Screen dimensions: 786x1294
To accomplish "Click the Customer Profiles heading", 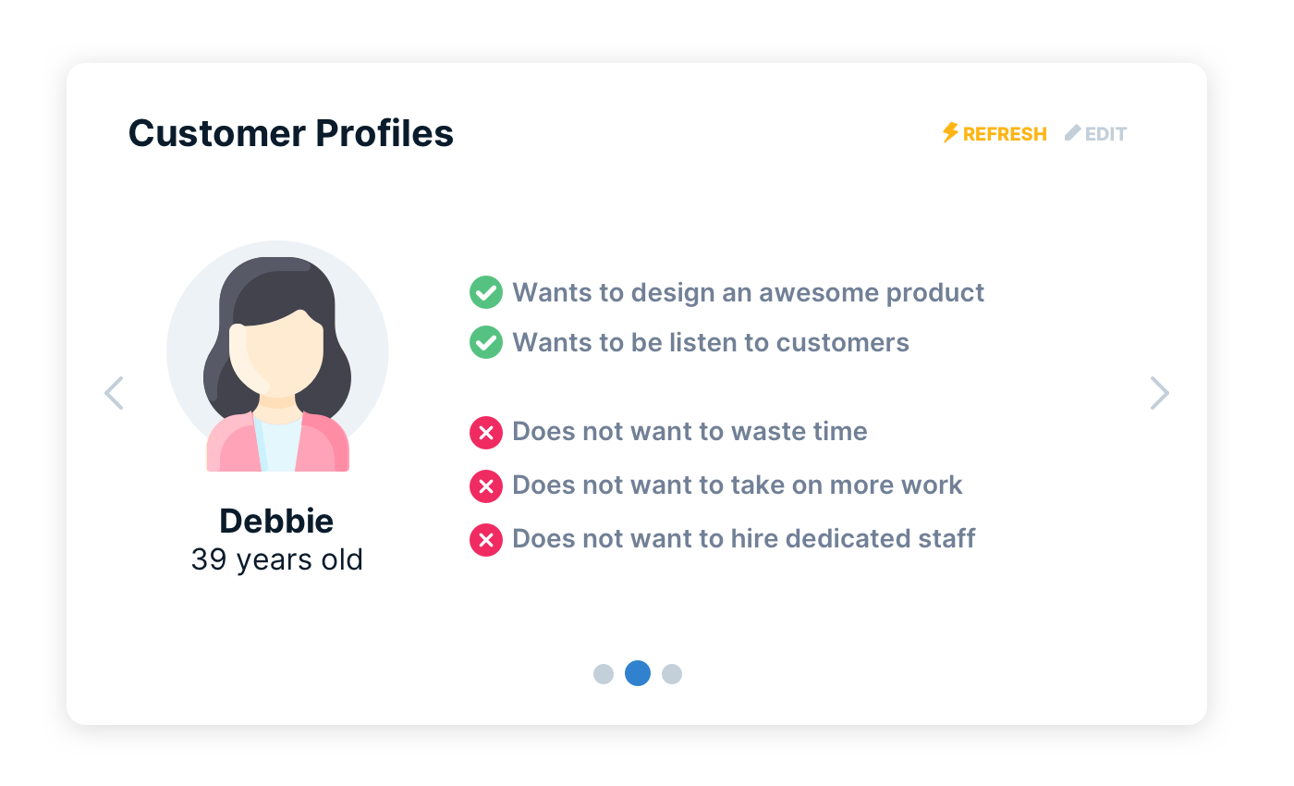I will pos(290,133).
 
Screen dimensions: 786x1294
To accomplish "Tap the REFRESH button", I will pos(1004,134).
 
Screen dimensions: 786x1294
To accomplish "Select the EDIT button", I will pos(1105,134).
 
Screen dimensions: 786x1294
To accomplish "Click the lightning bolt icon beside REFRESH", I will pos(950,133).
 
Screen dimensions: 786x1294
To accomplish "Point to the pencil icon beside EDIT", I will pos(1072,133).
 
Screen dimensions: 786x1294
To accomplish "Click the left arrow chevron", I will pos(114,393).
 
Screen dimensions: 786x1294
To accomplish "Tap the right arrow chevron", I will pos(1159,393).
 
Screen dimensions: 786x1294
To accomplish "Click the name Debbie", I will pos(276,521).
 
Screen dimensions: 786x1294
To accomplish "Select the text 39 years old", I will pos(276,559).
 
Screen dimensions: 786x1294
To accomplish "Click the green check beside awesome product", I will pos(485,292).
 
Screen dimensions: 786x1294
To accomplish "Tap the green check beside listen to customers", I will pos(485,342).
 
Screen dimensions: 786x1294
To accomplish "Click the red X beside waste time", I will pos(485,432).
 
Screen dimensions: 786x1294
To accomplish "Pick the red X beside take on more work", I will pos(485,485).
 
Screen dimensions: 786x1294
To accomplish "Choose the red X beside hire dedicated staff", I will pos(485,539).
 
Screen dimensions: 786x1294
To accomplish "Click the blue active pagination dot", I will pos(638,673).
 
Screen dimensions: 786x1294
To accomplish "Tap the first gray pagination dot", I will pos(604,674).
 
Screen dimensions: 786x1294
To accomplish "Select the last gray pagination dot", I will pos(672,674).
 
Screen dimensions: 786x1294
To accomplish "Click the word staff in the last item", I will pos(948,538).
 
